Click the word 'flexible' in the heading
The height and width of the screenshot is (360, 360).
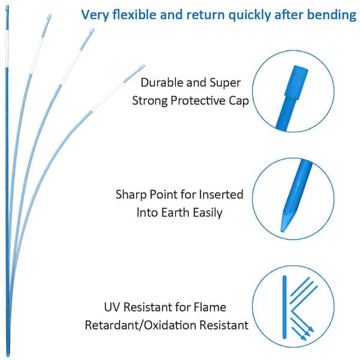pos(134,14)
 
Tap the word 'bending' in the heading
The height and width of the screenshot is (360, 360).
pos(332,15)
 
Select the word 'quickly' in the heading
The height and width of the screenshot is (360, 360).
pos(250,15)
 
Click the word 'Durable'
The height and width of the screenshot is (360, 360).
pos(161,83)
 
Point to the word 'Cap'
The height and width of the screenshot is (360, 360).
pos(239,101)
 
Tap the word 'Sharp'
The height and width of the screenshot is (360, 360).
pos(131,195)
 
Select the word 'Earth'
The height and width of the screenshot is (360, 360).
pos(175,212)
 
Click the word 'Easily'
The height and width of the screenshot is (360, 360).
pos(208,213)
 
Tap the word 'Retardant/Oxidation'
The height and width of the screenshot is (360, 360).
pos(140,325)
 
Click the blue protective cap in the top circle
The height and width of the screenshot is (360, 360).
pos(296,83)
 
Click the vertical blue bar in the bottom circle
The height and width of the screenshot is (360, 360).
pos(284,307)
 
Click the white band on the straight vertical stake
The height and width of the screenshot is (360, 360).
pos(7,49)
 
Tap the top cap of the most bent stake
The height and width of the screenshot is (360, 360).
pos(142,67)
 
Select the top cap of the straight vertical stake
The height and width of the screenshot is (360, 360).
pos(7,8)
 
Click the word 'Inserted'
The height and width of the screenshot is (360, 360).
pos(221,194)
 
